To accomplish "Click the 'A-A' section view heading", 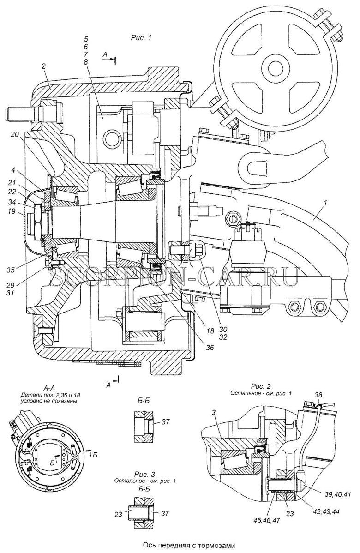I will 48,388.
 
